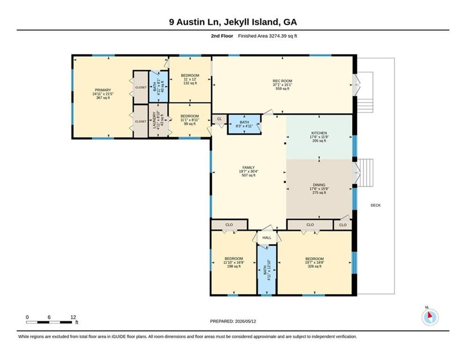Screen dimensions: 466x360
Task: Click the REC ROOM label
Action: (282, 81)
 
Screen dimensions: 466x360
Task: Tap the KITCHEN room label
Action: (319, 133)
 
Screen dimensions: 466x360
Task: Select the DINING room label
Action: (319, 185)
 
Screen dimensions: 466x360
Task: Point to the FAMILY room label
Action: (248, 167)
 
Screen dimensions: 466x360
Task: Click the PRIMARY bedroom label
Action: (103, 90)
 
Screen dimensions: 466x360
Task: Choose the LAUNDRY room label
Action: (154, 120)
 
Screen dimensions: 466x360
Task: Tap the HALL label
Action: (267, 238)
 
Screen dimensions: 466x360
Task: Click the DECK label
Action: (376, 205)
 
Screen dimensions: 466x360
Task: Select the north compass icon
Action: (430, 317)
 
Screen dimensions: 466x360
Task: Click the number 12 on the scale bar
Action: (73, 317)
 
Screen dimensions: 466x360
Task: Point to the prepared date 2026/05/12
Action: (245, 321)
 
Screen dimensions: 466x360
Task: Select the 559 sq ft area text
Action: (282, 89)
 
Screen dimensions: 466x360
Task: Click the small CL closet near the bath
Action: (219, 119)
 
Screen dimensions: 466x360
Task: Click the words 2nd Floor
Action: (222, 36)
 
